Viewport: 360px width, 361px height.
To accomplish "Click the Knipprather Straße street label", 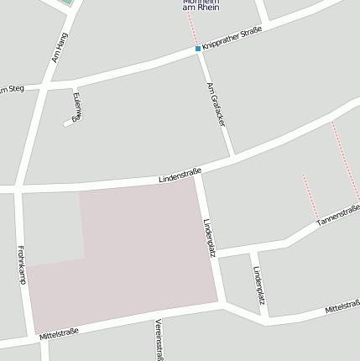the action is point(233,39).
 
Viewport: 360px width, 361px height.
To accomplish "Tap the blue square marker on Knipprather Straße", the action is point(198,49).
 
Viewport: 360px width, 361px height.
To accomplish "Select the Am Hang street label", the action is point(58,47).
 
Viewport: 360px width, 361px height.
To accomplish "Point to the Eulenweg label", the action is point(77,107).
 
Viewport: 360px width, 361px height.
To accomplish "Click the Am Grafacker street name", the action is point(217,104).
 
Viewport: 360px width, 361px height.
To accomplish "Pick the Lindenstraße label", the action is point(180,175).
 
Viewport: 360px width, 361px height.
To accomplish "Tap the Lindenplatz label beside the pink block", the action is point(210,238).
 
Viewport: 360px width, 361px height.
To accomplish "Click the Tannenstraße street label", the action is point(338,215).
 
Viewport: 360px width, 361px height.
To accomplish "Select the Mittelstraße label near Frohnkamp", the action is point(59,333).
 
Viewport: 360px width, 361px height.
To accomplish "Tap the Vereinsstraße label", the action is point(159,339).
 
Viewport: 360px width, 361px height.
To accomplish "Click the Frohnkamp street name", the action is point(21,264).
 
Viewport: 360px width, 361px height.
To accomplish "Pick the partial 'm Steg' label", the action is point(12,88).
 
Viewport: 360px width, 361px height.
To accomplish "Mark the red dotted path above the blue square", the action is point(192,29).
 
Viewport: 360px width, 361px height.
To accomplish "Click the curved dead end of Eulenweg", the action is point(66,123).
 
